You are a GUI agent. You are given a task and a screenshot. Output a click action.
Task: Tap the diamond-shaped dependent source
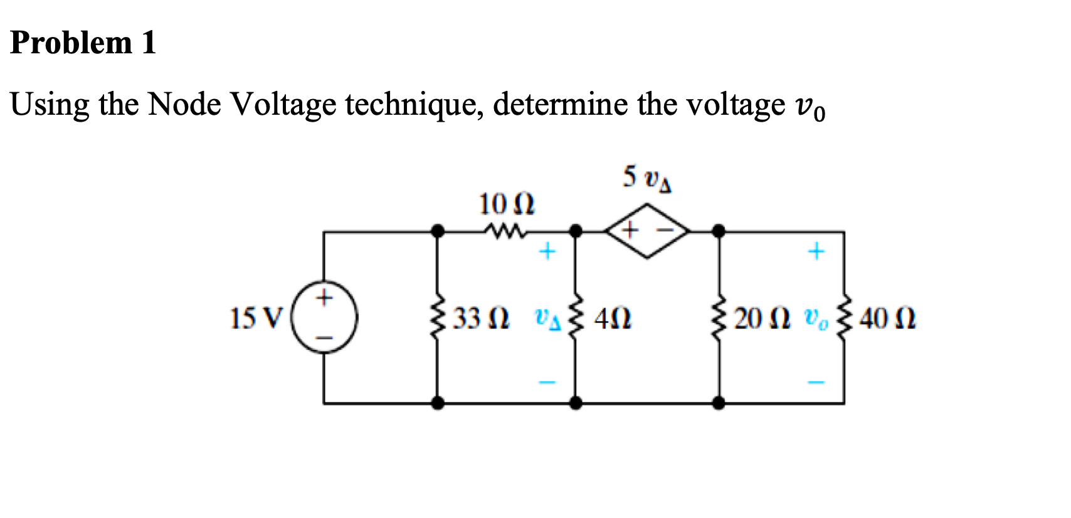pos(647,231)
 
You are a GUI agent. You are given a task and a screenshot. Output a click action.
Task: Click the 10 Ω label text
pos(506,204)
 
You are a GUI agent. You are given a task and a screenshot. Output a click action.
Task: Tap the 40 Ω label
pos(888,319)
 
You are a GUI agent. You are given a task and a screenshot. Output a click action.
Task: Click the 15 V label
pos(257,318)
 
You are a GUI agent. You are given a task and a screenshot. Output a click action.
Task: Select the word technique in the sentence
pos(414,105)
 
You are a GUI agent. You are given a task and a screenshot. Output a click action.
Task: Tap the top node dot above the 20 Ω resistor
pos(719,231)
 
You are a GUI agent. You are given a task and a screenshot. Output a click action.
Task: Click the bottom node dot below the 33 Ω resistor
pos(438,403)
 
